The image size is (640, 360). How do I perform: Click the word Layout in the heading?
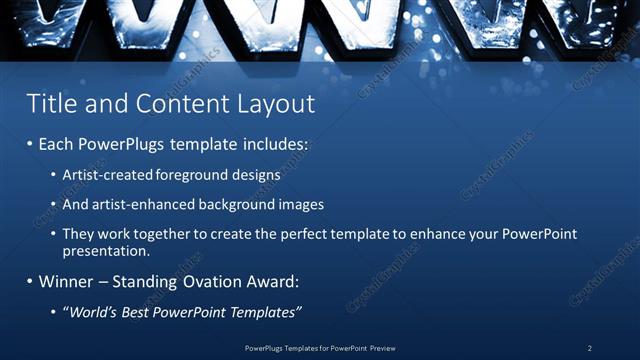275,104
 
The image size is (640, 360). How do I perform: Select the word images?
299,204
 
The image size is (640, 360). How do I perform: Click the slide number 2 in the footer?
589,348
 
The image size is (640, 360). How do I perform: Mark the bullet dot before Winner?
30,282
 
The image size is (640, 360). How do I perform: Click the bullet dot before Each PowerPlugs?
30,145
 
